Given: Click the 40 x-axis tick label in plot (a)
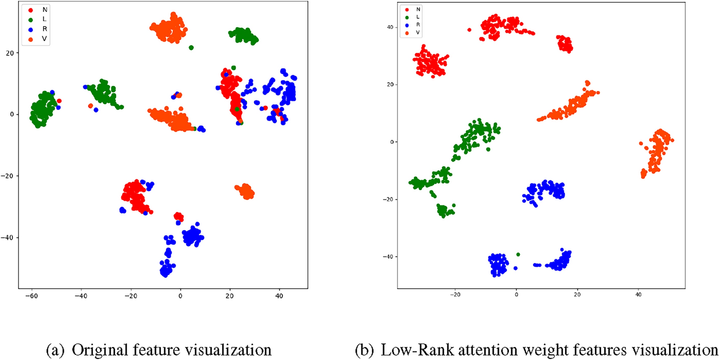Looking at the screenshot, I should pos(279,296).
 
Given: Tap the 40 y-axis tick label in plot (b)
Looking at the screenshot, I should pos(389,27).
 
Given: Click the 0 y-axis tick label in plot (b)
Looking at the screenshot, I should pos(391,142).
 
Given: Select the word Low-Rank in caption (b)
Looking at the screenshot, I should pos(398,350).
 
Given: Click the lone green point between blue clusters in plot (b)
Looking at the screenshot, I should pos(518,254).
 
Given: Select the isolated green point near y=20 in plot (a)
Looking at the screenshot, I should pos(191,48).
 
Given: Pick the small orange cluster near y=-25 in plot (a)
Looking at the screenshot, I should pos(245,191).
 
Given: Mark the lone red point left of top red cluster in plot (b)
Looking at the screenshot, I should pos(469,30).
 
